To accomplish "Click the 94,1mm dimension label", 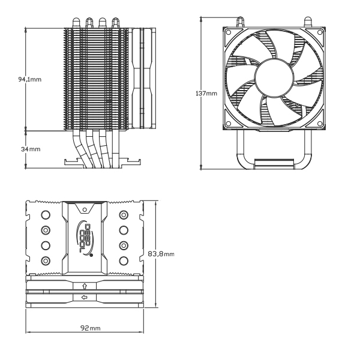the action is [x=30, y=79].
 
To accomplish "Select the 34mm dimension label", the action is [x=31, y=149].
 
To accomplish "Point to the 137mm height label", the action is [x=206, y=94].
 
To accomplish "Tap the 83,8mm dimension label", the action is [x=161, y=254].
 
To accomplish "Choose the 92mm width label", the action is [x=91, y=328].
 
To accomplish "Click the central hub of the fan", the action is [x=274, y=77].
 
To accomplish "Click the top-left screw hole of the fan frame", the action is [x=228, y=32].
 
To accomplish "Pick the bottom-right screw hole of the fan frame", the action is [x=320, y=124].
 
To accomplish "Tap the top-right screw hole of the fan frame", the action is [x=320, y=32].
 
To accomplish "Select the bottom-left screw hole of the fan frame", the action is [x=228, y=124].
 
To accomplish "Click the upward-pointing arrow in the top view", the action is [x=85, y=286].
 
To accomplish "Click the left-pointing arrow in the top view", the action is [x=84, y=298].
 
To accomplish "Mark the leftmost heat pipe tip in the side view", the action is [x=76, y=23].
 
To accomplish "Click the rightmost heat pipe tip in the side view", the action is [x=115, y=23].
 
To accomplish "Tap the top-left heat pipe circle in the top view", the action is [x=46, y=215].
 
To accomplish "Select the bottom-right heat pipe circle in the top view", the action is [x=124, y=260].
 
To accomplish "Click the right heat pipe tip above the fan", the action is [x=308, y=22].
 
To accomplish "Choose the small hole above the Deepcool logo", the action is [x=85, y=209].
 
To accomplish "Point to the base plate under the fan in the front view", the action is [x=274, y=164].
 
